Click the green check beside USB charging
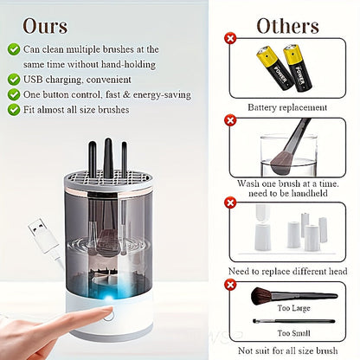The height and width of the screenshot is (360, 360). [14, 79]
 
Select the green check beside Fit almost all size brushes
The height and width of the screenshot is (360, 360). [14, 110]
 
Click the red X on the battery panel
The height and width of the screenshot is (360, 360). [230, 39]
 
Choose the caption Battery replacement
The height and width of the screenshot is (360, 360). [286, 107]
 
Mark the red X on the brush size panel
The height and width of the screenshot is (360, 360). [230, 283]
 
